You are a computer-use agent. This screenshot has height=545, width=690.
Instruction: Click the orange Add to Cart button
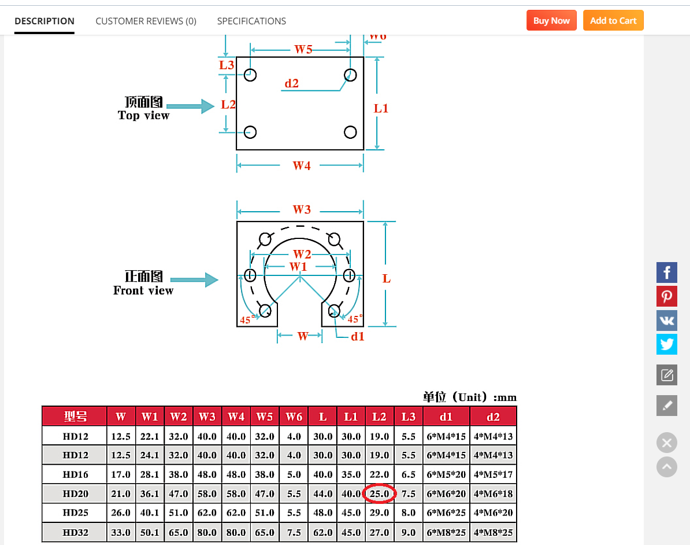[613, 20]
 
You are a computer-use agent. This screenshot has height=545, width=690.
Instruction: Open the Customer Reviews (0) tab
[146, 21]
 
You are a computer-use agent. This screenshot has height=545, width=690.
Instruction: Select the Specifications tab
[251, 21]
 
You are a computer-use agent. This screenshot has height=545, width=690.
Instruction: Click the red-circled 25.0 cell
[379, 494]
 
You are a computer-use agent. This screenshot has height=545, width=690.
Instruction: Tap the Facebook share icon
[667, 272]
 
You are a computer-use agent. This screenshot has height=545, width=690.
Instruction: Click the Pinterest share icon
[667, 296]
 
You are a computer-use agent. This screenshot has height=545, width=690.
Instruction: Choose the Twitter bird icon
[667, 344]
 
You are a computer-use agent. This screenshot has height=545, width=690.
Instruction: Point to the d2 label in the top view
[292, 83]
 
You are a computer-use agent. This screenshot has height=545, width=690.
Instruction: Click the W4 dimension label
[302, 165]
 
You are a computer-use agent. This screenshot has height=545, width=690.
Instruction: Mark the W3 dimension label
[302, 209]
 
